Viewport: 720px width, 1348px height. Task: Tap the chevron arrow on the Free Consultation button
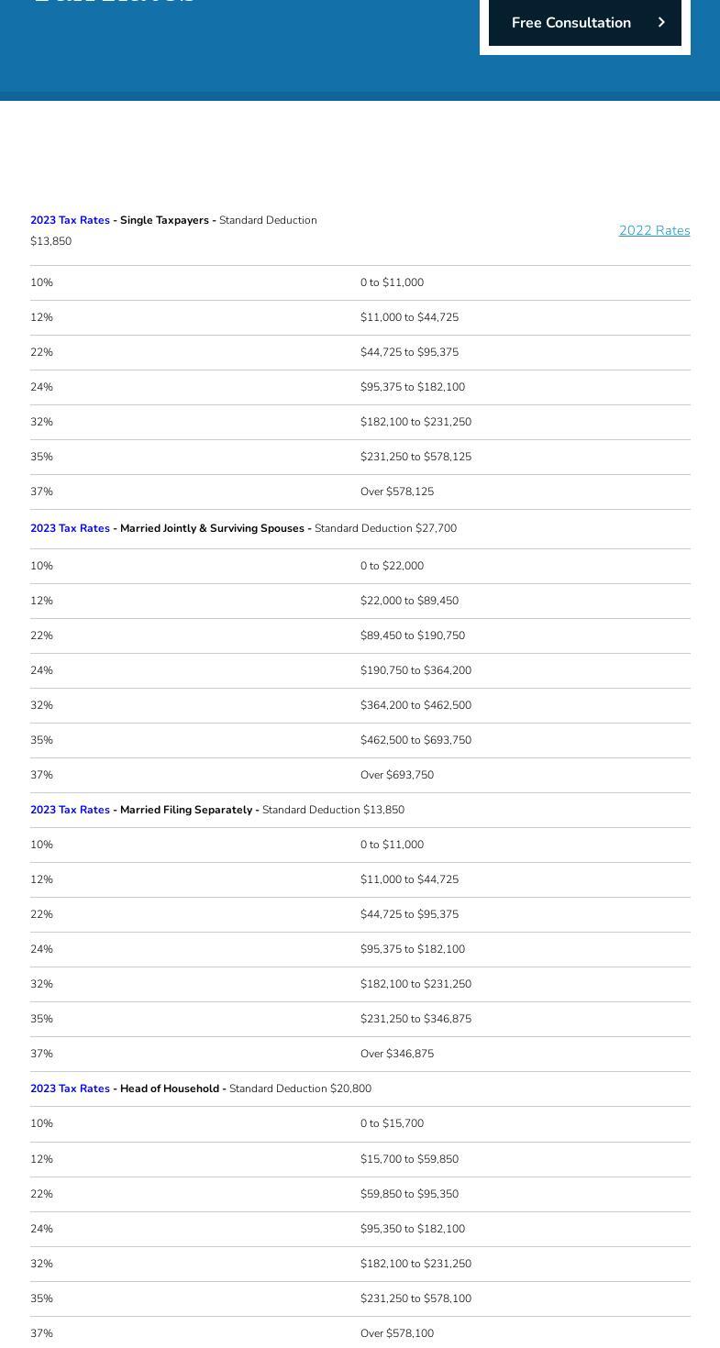(661, 23)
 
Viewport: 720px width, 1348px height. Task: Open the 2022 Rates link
(654, 230)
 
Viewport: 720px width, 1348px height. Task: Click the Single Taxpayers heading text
(164, 220)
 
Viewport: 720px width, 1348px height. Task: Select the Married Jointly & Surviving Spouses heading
(212, 528)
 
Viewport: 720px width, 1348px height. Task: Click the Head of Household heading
(170, 1088)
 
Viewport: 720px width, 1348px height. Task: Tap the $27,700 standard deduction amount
(436, 528)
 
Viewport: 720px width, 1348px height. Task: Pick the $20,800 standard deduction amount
(350, 1088)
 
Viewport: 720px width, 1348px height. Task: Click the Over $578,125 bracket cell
(397, 492)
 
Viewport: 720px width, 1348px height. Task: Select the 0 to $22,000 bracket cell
(392, 566)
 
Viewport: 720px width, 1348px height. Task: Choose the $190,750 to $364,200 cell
(415, 670)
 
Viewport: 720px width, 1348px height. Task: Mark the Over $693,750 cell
(397, 775)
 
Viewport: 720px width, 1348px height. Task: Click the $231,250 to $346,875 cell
(415, 1019)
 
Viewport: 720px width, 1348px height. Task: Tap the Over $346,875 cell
(397, 1054)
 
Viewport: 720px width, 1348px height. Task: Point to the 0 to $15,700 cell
(392, 1123)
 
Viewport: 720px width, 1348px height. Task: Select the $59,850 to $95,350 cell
(409, 1194)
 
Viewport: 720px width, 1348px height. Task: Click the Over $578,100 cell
(397, 1333)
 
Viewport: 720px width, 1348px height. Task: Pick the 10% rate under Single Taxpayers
(41, 282)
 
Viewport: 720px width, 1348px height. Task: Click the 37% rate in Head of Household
(41, 1333)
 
